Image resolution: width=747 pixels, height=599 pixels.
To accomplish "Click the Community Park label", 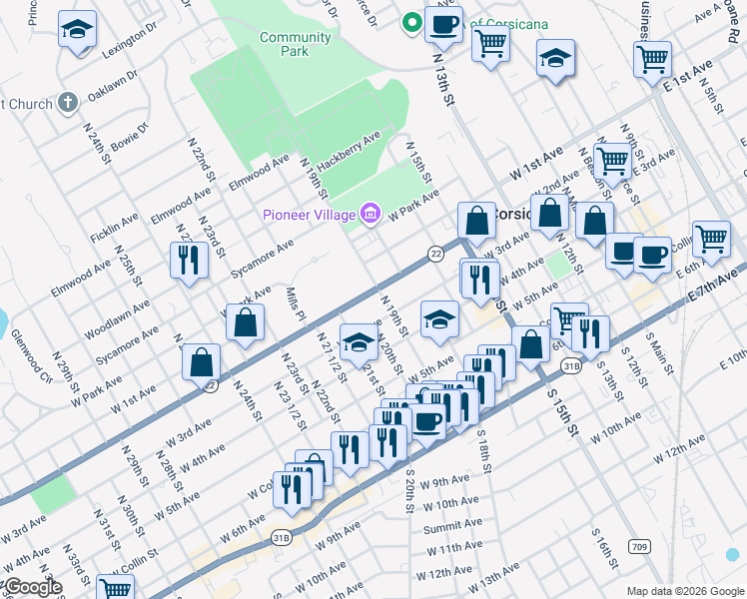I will coord(295,44).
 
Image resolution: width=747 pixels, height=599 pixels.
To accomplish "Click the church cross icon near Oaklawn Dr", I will coord(68,102).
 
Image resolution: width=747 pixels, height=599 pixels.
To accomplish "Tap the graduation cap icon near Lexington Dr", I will coord(76,30).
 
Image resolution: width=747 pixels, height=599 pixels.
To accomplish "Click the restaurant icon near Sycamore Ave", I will coord(189,261).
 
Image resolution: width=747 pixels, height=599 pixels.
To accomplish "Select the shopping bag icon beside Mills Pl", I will coord(245,324).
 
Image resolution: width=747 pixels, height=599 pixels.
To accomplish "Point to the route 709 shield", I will coord(639,546).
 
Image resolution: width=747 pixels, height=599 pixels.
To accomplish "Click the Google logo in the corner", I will coord(32,588).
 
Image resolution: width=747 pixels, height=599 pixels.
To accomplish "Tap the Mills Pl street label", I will coord(294,300).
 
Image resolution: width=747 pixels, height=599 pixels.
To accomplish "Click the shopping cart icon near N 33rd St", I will coord(116,588).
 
